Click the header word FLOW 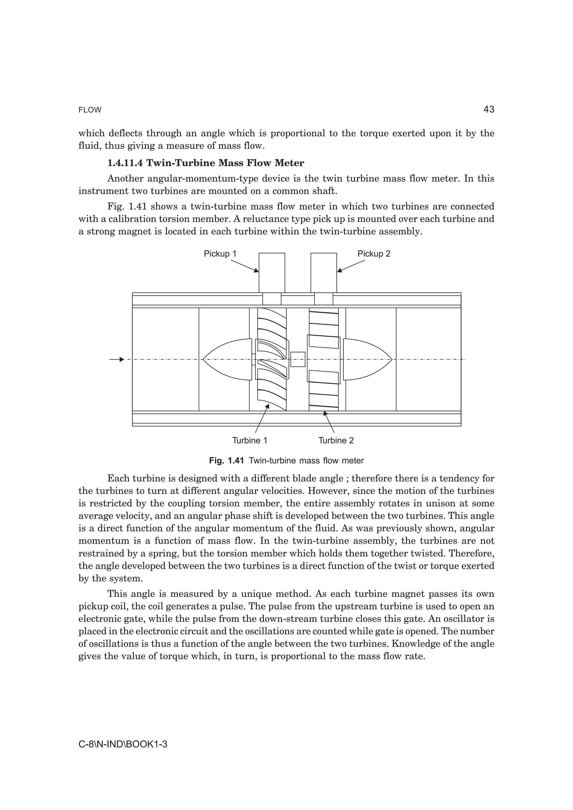pyautogui.click(x=90, y=110)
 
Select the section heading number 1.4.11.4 pyautogui.click(x=125, y=163)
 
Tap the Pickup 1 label pyautogui.click(x=220, y=254)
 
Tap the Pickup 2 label pyautogui.click(x=374, y=254)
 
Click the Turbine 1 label pyautogui.click(x=250, y=440)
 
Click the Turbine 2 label pyautogui.click(x=336, y=440)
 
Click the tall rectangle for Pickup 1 pyautogui.click(x=272, y=272)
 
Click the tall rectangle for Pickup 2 pyautogui.click(x=323, y=272)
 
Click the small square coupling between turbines pyautogui.click(x=298, y=359)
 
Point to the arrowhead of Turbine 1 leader pyautogui.click(x=267, y=406)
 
